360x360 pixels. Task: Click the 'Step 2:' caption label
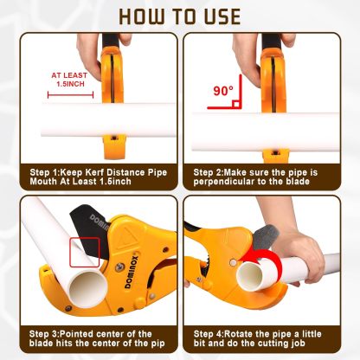[212, 172]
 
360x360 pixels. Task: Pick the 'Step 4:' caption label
[212, 334]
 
